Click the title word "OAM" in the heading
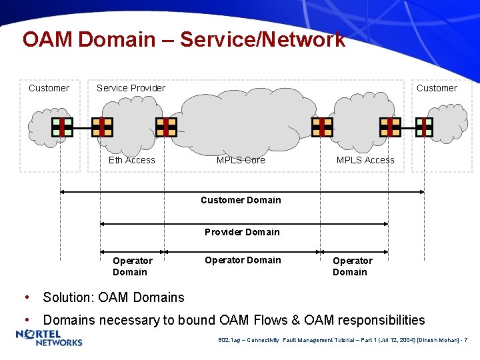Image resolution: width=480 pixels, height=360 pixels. click(x=47, y=39)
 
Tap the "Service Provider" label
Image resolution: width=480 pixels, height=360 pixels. click(x=131, y=88)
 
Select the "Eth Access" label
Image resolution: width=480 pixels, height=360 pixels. click(x=131, y=160)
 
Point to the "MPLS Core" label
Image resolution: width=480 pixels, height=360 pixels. click(x=241, y=160)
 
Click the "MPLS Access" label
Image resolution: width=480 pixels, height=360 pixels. click(x=365, y=160)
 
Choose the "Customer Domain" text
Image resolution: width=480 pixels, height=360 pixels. click(x=241, y=200)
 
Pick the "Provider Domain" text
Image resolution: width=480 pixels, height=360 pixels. click(x=242, y=232)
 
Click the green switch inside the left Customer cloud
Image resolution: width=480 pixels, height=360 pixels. click(x=62, y=127)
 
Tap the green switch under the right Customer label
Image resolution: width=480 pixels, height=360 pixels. click(x=424, y=127)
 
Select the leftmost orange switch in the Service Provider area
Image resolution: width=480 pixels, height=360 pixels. click(x=102, y=127)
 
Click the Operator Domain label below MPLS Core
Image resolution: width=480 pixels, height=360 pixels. click(x=243, y=260)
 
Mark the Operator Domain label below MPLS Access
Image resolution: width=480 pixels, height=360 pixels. click(x=351, y=266)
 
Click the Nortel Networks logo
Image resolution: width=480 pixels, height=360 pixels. click(x=49, y=338)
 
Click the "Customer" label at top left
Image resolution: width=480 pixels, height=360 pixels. click(x=49, y=88)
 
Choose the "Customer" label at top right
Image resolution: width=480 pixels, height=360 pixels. click(x=437, y=88)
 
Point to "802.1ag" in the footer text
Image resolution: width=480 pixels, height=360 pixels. click(x=229, y=341)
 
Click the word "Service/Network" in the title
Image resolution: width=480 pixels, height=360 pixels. click(x=263, y=39)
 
